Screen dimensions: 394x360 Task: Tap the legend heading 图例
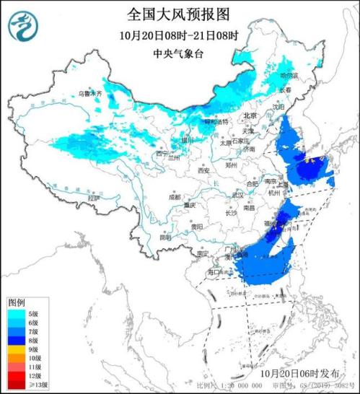tap(17, 302)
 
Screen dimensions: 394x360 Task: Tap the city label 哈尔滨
tap(289, 75)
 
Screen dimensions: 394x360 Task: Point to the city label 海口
tap(216, 273)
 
